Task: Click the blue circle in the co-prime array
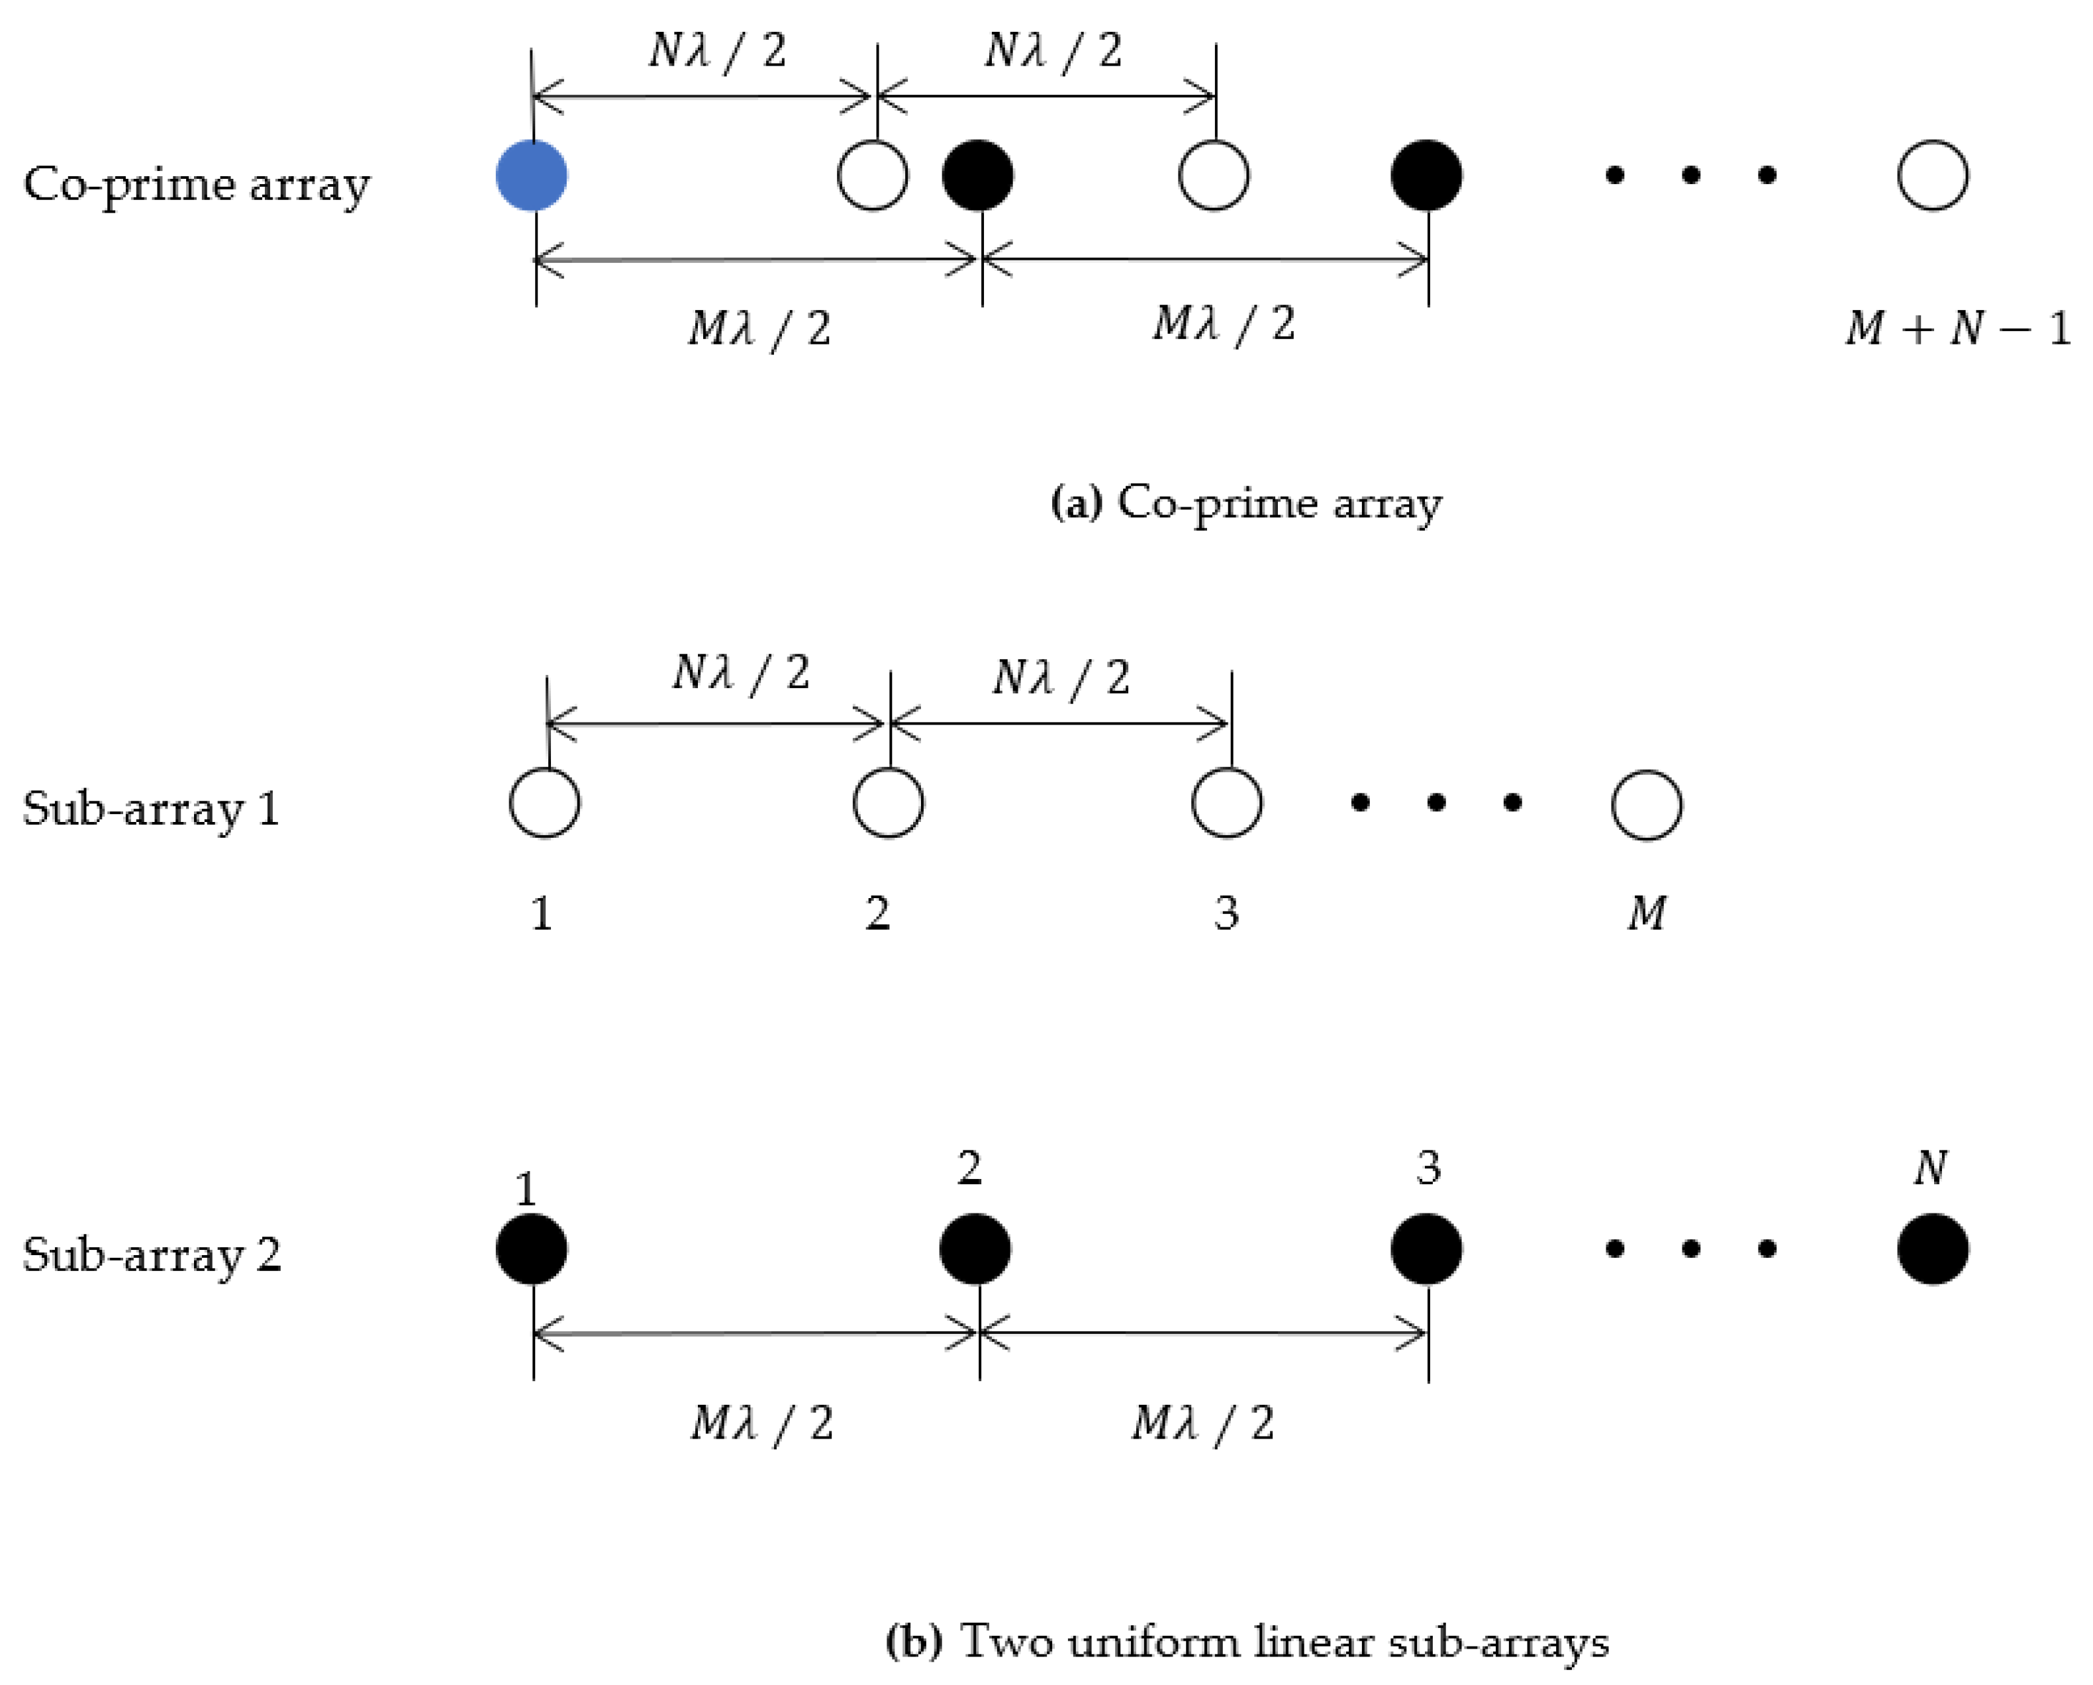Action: [531, 176]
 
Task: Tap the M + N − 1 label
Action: [1956, 329]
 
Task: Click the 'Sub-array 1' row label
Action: [152, 809]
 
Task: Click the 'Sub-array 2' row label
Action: [152, 1254]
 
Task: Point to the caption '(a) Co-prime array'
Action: [1247, 503]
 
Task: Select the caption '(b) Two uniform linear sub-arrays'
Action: [1247, 1642]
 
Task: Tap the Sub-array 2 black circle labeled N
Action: [1932, 1249]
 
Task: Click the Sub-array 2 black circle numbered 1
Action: [531, 1249]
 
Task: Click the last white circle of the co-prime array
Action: [1932, 176]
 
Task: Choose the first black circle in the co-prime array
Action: [977, 176]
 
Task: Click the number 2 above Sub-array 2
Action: [969, 1168]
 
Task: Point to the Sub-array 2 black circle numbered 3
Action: [1426, 1249]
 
